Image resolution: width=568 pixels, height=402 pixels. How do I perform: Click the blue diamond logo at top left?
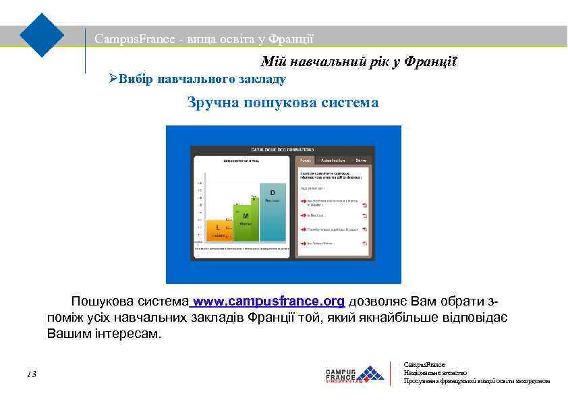click(42, 34)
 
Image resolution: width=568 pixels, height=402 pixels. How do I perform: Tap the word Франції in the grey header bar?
click(291, 39)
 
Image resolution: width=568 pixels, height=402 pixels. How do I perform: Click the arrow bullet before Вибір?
click(113, 79)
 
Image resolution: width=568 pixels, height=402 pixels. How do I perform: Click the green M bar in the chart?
click(246, 221)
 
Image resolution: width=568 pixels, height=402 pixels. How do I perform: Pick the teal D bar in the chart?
click(273, 212)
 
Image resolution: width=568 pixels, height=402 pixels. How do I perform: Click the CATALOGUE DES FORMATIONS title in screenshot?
click(283, 148)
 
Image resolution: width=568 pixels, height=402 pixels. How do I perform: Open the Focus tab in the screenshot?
click(306, 161)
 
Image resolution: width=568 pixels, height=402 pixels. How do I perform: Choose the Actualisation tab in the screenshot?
click(333, 161)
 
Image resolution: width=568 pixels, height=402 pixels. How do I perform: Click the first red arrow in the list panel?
click(303, 201)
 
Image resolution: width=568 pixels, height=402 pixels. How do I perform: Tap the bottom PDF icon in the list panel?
click(364, 243)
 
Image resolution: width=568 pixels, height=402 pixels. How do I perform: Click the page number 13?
click(32, 374)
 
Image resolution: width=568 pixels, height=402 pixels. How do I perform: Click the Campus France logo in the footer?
click(354, 374)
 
